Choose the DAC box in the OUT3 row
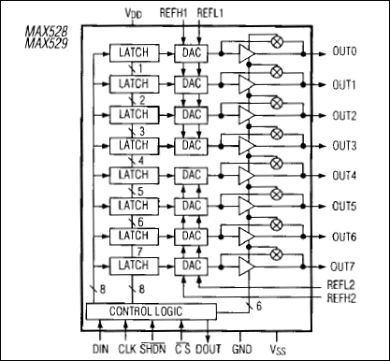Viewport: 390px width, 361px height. tap(193, 145)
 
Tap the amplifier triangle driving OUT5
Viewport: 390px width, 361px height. tap(247, 207)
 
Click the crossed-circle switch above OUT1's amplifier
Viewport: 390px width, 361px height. tap(276, 72)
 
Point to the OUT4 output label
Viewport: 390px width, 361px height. tap(347, 176)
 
